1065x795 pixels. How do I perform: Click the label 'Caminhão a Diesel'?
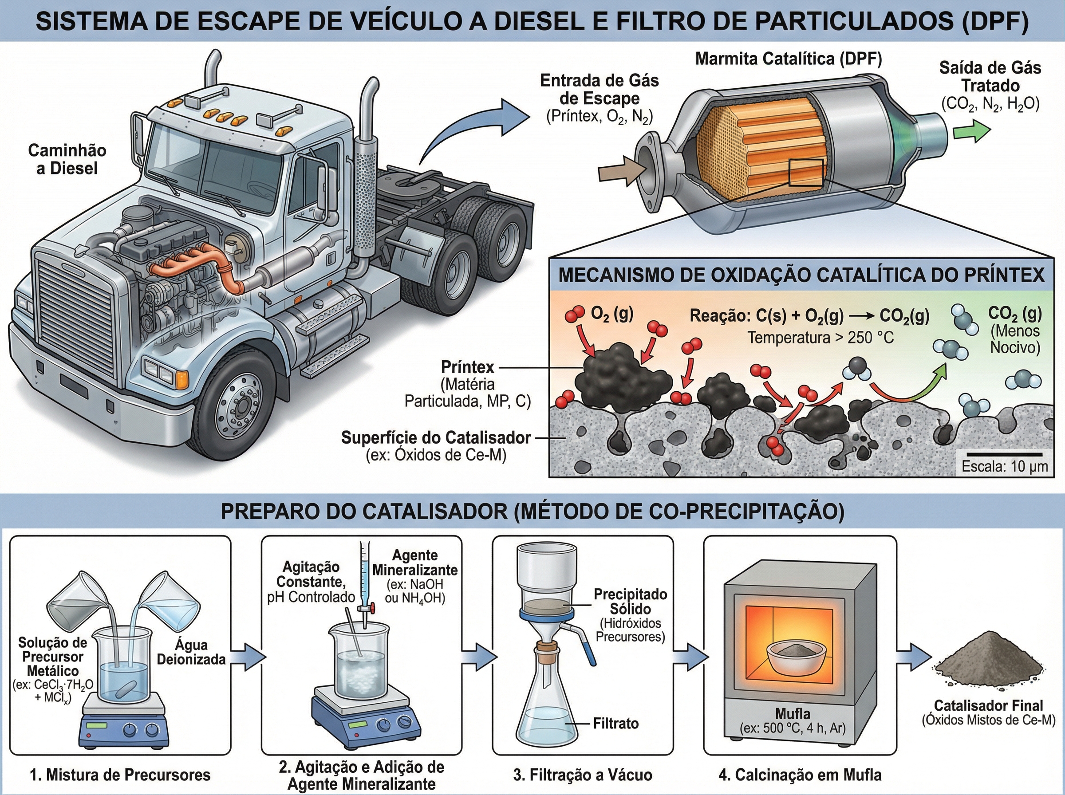(x=67, y=159)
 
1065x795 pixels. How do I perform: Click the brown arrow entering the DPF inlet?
(x=621, y=171)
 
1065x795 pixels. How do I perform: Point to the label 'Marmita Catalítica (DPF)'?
(x=788, y=59)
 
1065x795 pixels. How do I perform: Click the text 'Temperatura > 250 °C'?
(x=820, y=337)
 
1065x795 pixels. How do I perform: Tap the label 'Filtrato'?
(x=615, y=724)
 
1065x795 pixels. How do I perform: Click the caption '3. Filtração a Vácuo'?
(x=583, y=775)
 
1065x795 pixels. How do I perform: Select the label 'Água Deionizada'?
(x=192, y=652)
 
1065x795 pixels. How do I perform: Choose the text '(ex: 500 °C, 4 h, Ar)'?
(x=793, y=728)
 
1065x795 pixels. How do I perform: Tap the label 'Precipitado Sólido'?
(x=631, y=601)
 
